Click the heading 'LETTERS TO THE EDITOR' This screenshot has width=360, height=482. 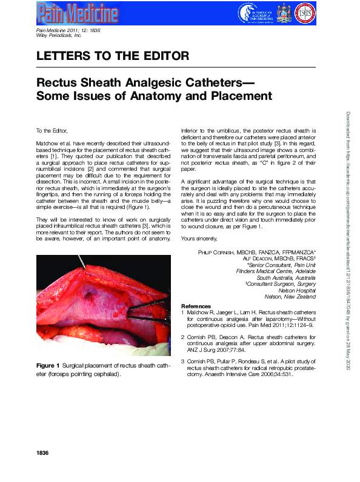pyautogui.click(x=113, y=56)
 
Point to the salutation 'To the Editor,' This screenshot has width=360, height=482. pyautogui.click(x=52, y=130)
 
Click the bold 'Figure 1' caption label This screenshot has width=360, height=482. pyautogui.click(x=48, y=365)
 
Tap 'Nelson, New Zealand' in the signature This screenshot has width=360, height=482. pyautogui.click(x=290, y=297)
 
